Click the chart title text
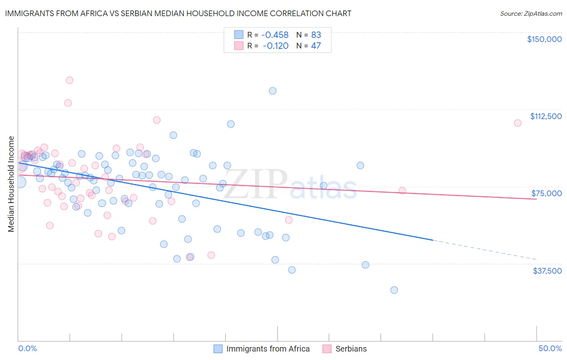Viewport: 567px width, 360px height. [178, 13]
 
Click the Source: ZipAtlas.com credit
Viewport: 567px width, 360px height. [531, 13]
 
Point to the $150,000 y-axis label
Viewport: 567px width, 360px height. [544, 39]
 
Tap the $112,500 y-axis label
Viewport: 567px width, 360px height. [546, 116]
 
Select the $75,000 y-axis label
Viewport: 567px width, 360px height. [546, 193]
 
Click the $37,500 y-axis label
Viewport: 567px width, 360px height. [547, 271]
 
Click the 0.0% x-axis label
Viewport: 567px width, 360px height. [27, 348]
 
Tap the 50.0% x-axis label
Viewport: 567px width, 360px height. [550, 348]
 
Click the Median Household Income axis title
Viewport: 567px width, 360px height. [11, 184]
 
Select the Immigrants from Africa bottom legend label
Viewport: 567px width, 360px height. [268, 349]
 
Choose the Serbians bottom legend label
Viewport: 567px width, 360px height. [351, 349]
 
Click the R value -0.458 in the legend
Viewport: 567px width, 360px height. [275, 35]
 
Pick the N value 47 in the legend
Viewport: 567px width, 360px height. [316, 46]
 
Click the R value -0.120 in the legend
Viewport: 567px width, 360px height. [275, 46]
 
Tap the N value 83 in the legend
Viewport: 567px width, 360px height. [316, 35]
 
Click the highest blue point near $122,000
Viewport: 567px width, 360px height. [273, 91]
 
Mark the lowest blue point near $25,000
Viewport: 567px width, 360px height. [394, 290]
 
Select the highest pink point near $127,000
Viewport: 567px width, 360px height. [69, 80]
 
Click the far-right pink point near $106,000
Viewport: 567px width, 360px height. [517, 123]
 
